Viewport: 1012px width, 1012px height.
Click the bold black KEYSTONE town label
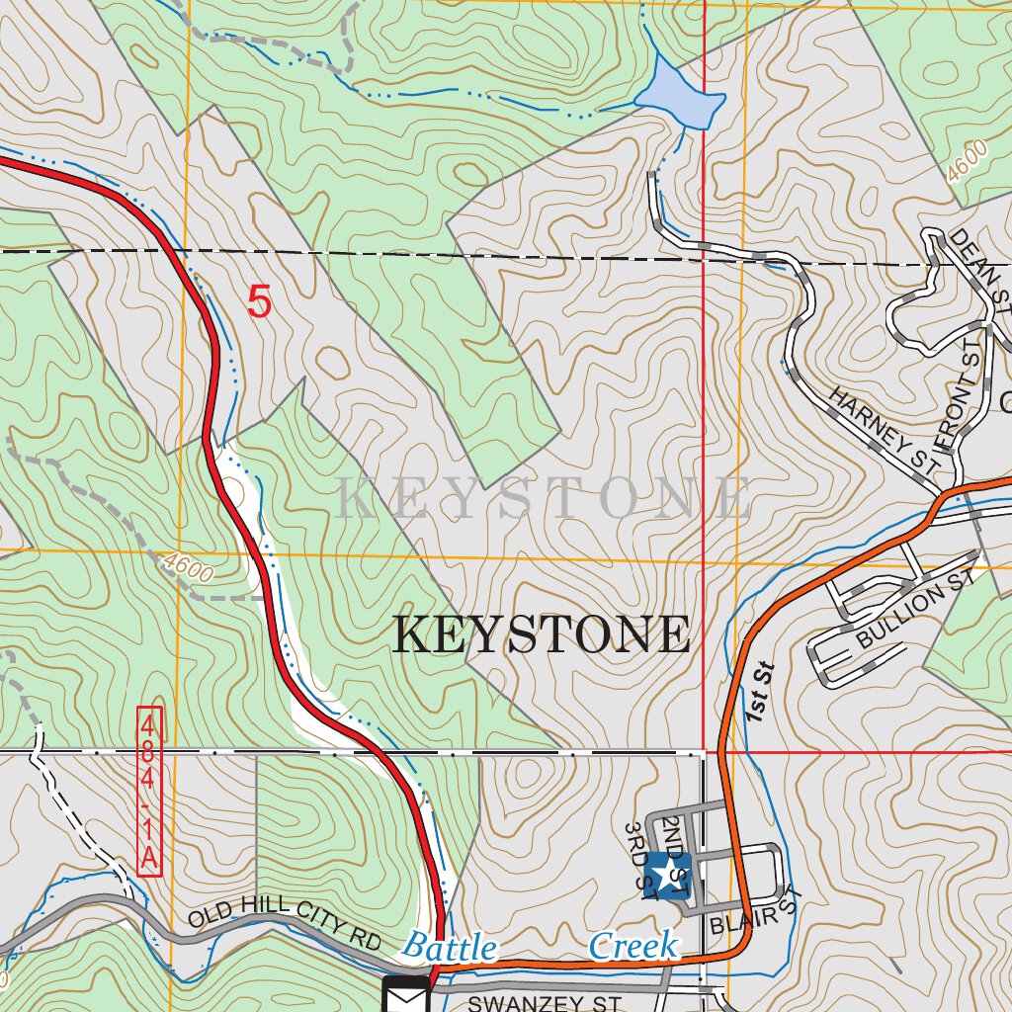pos(542,634)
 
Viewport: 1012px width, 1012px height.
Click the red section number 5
pos(259,302)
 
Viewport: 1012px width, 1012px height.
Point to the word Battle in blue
pos(449,947)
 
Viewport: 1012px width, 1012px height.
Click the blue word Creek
pos(633,946)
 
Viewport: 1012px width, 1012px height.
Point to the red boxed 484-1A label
pos(148,791)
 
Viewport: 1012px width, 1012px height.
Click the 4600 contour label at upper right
pos(966,161)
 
